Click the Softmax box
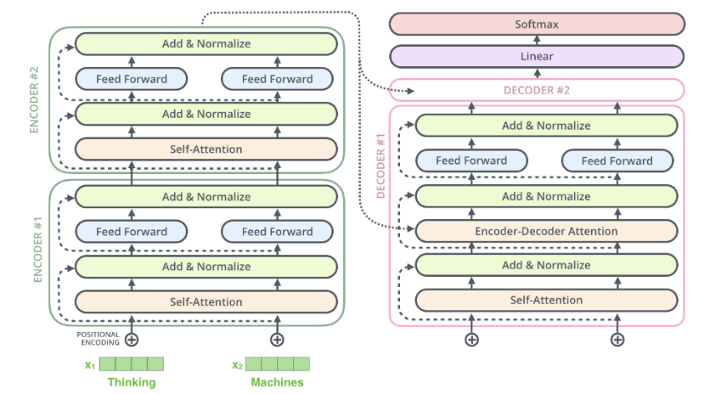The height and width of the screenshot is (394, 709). click(537, 24)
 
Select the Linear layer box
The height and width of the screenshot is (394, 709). click(537, 57)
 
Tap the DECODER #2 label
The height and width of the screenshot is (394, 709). click(537, 90)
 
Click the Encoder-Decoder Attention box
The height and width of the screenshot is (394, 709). click(547, 231)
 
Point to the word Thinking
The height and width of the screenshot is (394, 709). click(131, 382)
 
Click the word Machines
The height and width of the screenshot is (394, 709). click(277, 382)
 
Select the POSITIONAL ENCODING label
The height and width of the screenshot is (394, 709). click(98, 339)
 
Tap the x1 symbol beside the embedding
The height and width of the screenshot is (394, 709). click(90, 365)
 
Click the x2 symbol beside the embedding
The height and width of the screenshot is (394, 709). click(237, 365)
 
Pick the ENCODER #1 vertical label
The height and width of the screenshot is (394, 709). click(38, 250)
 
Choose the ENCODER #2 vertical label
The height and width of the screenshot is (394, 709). click(34, 100)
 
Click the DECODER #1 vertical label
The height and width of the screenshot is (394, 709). click(381, 166)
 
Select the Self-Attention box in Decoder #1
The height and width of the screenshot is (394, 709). click(547, 300)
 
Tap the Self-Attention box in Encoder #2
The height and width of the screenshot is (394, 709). click(206, 149)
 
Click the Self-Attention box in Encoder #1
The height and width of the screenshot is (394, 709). click(206, 302)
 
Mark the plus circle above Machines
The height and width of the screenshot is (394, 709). click(277, 340)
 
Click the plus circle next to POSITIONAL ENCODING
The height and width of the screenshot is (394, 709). click(131, 340)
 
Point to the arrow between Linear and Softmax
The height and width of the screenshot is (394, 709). click(537, 40)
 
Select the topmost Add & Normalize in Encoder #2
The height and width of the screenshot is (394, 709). click(206, 43)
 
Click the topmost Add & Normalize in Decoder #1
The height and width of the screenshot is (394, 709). click(547, 125)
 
